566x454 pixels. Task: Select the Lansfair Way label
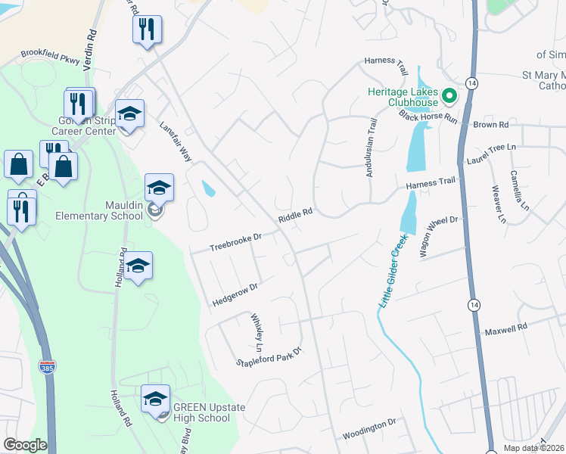point(175,141)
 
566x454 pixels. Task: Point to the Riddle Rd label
point(295,216)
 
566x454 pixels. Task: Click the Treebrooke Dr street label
point(235,243)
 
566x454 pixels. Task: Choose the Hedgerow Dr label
point(236,293)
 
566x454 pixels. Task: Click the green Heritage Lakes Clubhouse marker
point(449,96)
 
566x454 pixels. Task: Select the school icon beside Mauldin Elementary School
point(160,188)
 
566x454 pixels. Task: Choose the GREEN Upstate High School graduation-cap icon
point(155,398)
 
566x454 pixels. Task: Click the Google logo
point(25,445)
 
